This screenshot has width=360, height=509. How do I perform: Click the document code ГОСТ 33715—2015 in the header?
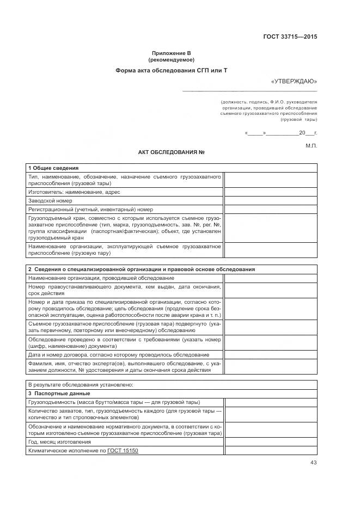(x=290, y=37)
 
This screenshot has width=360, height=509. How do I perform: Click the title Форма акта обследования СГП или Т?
(x=171, y=71)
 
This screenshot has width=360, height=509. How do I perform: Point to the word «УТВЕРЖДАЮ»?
(x=294, y=81)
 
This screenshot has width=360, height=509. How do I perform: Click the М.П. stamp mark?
(x=311, y=145)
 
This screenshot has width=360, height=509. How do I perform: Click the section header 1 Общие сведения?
(x=53, y=168)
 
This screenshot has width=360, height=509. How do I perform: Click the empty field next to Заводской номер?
(x=270, y=200)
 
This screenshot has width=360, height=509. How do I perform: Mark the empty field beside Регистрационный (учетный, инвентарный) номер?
(x=270, y=209)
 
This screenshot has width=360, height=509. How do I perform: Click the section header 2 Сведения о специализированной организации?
(x=141, y=269)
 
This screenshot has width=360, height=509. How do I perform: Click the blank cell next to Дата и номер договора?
(x=270, y=355)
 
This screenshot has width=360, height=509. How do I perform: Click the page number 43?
(x=313, y=463)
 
